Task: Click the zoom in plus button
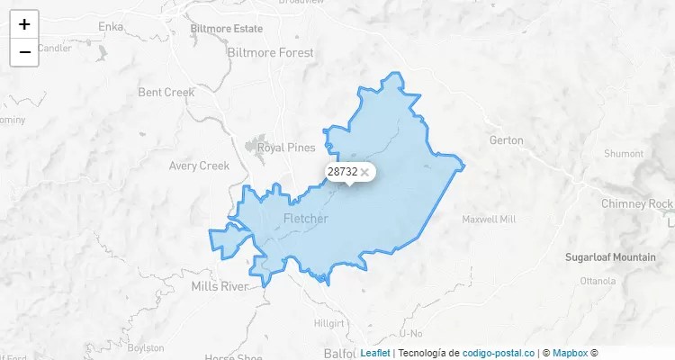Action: pyautogui.click(x=24, y=24)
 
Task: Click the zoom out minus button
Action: pyautogui.click(x=24, y=52)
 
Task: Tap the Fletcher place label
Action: pyautogui.click(x=305, y=219)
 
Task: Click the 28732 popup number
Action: pyautogui.click(x=342, y=171)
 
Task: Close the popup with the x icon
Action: pyautogui.click(x=364, y=172)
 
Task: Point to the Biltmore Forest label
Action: pyautogui.click(x=271, y=53)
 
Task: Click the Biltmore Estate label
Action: pyautogui.click(x=226, y=29)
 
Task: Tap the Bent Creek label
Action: pyautogui.click(x=166, y=92)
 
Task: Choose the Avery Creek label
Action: pyautogui.click(x=200, y=166)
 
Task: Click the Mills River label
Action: pyautogui.click(x=220, y=287)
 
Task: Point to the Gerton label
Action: pyautogui.click(x=505, y=140)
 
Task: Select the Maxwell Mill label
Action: pyautogui.click(x=489, y=220)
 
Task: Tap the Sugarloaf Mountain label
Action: pyautogui.click(x=610, y=257)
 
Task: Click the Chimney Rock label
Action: pyautogui.click(x=636, y=203)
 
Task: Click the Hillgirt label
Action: pyautogui.click(x=328, y=322)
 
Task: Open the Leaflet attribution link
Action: pyautogui.click(x=374, y=353)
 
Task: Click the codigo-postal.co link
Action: pyautogui.click(x=498, y=353)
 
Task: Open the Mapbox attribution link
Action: pyautogui.click(x=569, y=353)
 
